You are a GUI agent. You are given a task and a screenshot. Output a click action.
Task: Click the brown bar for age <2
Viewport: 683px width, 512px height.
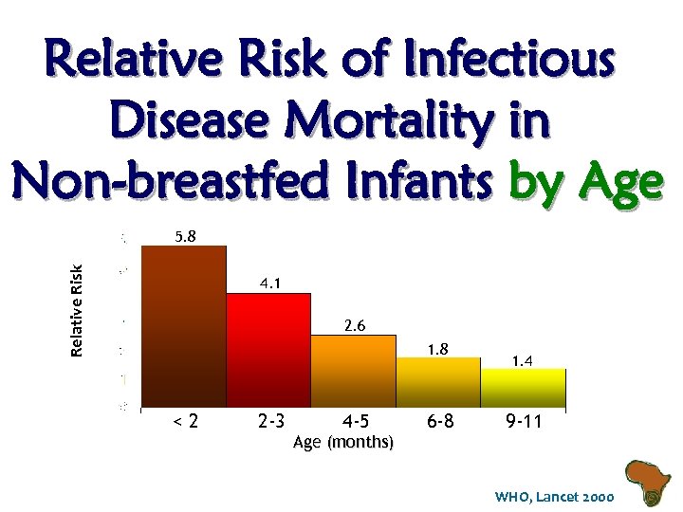183,326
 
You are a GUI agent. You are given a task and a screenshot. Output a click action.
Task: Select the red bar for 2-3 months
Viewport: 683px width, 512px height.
268,350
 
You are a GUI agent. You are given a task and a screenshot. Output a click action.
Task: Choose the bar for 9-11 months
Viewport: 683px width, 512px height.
523,388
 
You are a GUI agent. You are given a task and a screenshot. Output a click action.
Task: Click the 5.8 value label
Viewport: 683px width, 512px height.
185,234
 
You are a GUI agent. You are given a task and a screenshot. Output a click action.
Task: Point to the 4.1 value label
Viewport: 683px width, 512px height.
270,283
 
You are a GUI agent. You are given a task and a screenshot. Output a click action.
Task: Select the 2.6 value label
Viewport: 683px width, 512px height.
355,325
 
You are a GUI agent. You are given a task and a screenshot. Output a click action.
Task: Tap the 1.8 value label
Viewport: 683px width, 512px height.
437,349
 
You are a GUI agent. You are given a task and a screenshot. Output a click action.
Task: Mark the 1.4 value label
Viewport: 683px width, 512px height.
522,360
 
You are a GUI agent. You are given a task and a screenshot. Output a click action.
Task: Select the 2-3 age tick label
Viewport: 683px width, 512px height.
273,421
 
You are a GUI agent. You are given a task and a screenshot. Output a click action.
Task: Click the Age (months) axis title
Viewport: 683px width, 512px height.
344,442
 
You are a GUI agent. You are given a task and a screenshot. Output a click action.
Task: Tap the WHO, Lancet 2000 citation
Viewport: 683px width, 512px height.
554,497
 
